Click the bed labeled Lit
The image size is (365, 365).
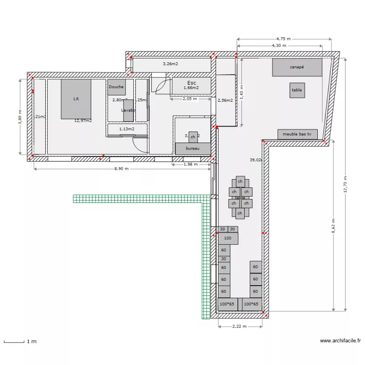[76, 99]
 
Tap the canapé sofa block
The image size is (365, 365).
[297, 67]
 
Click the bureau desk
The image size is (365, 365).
[193, 148]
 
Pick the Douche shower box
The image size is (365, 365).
[116, 87]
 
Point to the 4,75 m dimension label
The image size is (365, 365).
[283, 38]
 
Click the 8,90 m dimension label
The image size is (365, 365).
[121, 168]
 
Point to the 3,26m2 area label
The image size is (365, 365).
[170, 64]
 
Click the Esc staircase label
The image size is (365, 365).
[191, 83]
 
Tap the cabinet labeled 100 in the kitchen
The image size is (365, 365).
[228, 238]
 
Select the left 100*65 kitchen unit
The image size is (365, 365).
[227, 304]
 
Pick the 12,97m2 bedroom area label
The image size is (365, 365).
[83, 120]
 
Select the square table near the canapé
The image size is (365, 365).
[296, 90]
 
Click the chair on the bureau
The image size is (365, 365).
[193, 137]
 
